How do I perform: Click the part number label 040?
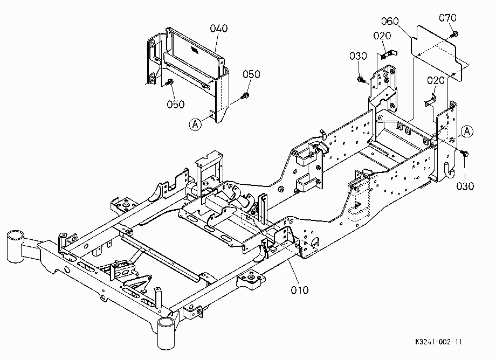pyautogui.click(x=218, y=29)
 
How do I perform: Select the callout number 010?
pyautogui.click(x=300, y=290)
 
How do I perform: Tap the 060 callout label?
pyautogui.click(x=390, y=21)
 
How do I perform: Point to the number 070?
pyautogui.click(x=447, y=18)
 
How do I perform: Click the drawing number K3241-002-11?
pyautogui.click(x=438, y=342)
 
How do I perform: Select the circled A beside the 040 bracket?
pyautogui.click(x=196, y=124)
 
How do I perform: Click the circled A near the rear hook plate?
pyautogui.click(x=467, y=131)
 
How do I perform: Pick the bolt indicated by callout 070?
pyautogui.click(x=454, y=34)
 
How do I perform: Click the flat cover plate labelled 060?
pyautogui.click(x=435, y=52)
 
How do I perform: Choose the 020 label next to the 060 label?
pyautogui.click(x=382, y=36)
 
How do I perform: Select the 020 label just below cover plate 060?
pyautogui.click(x=436, y=81)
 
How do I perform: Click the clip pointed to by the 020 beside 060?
pyautogui.click(x=389, y=54)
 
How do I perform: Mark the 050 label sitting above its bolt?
pyautogui.click(x=251, y=74)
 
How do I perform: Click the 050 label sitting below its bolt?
pyautogui.click(x=176, y=105)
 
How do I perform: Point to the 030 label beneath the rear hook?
pyautogui.click(x=465, y=186)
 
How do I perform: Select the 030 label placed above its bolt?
pyautogui.click(x=358, y=56)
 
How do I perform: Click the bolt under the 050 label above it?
pyautogui.click(x=245, y=95)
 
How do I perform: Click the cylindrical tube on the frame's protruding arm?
pyautogui.click(x=15, y=246)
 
